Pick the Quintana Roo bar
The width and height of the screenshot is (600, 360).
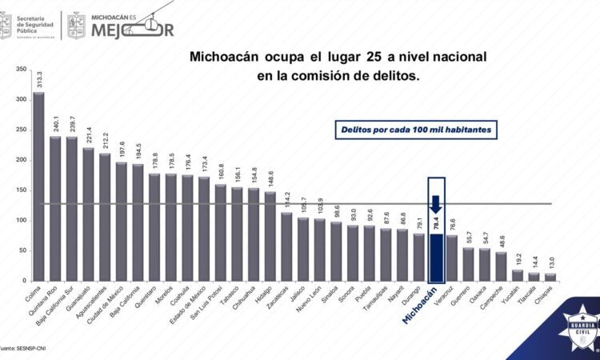55,208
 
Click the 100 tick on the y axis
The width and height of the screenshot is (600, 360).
21,221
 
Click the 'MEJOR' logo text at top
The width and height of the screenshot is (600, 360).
132,30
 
